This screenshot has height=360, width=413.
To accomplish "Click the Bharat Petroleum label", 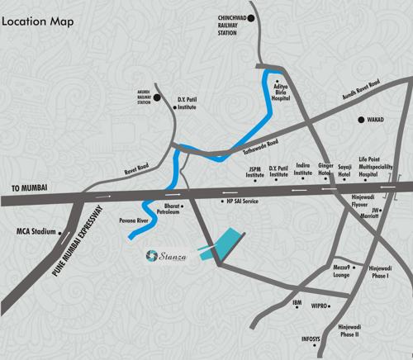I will (172, 206).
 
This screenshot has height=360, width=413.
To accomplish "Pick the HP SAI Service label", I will (242, 201).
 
